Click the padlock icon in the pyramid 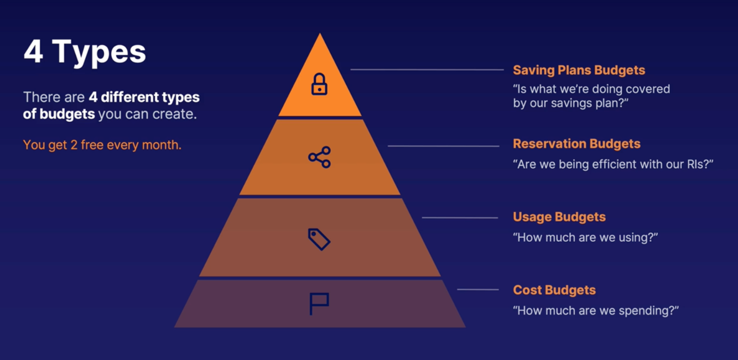point(319,84)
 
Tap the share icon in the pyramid point(319,157)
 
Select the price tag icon point(319,239)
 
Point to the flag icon point(319,304)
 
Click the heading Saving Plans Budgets point(579,70)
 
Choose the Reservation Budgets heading point(576,144)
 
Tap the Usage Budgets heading point(559,217)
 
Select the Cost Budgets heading point(554,290)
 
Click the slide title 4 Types point(85,52)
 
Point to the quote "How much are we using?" point(585,238)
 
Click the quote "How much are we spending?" point(596,311)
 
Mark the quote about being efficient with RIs point(614,164)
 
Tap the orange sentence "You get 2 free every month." point(102,145)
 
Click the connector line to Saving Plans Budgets point(427,70)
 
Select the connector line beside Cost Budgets point(478,289)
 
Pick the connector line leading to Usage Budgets point(460,217)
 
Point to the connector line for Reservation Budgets point(443,146)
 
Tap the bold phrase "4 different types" point(144,98)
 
